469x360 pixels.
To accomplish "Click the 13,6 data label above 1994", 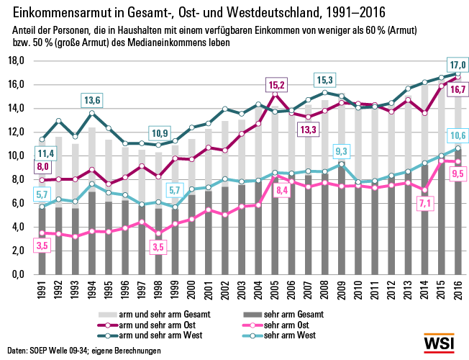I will tap(92, 99).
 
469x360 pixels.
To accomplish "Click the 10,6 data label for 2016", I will tap(457, 136).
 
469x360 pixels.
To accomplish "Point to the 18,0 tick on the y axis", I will tap(17, 60).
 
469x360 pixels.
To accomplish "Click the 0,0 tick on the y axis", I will tap(20, 275).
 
